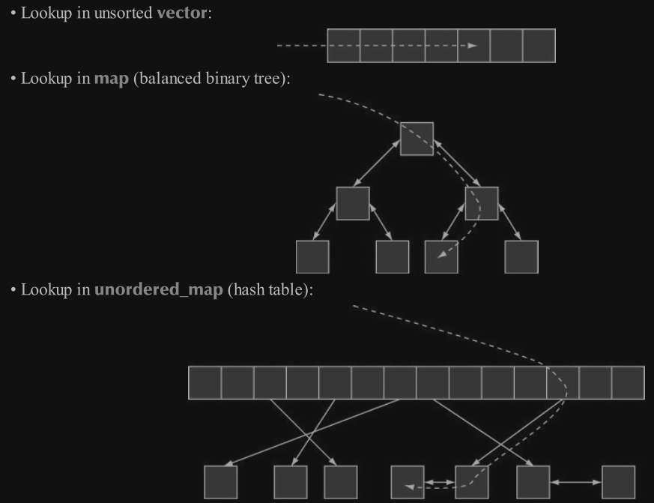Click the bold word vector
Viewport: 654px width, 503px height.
182,13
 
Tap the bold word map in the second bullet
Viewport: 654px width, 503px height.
111,79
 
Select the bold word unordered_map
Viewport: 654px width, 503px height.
159,289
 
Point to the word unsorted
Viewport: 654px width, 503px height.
124,13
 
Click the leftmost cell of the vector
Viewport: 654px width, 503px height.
344,45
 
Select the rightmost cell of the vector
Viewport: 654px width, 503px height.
539,45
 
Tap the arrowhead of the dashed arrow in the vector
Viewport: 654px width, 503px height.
472,46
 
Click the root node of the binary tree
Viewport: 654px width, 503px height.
417,139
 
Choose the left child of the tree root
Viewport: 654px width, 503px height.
353,203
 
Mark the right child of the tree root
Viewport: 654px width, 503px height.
482,203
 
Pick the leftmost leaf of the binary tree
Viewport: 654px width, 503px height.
312,256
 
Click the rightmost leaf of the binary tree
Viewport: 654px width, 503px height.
521,256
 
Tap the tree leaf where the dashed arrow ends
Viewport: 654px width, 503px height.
441,256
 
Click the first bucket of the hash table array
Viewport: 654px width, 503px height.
205,382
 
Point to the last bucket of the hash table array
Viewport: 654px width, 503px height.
628,382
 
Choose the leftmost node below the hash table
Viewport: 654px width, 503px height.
220,481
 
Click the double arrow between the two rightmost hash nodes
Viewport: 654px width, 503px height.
575,481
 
